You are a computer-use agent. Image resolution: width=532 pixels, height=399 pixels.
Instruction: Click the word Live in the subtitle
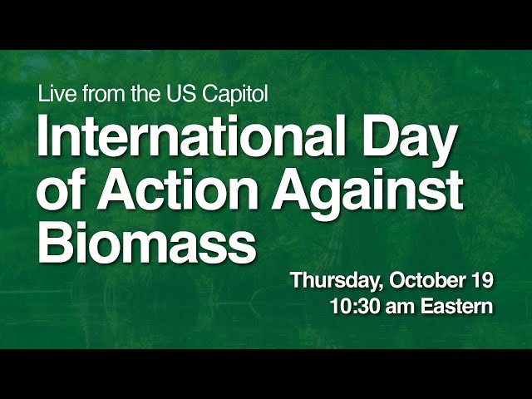[57, 93]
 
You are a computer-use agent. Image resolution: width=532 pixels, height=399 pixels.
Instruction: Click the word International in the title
[191, 135]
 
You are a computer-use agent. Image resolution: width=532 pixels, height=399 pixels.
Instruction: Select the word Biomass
[147, 242]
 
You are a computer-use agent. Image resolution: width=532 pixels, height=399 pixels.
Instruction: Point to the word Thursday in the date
[335, 281]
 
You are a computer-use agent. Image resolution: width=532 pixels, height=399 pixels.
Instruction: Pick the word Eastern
[456, 307]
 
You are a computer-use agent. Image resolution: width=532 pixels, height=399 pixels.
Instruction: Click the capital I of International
[42, 135]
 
